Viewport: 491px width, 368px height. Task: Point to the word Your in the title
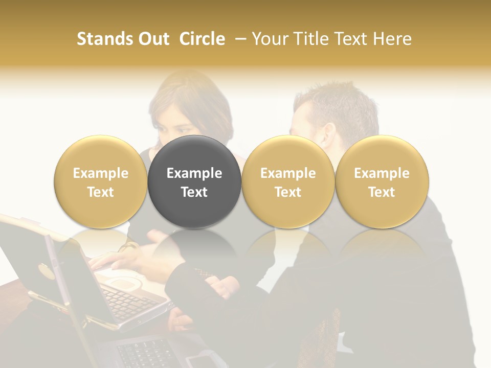click(269, 39)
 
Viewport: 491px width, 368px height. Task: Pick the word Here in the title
click(391, 39)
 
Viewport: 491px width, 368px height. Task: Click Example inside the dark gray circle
click(194, 173)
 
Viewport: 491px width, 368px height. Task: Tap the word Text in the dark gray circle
click(194, 192)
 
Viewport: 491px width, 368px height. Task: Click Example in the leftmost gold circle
click(100, 173)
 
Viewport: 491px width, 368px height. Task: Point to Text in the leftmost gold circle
click(100, 192)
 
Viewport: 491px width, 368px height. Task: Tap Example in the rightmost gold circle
click(382, 173)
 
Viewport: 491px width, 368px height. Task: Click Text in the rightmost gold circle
click(382, 192)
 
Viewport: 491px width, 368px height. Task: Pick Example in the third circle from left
click(288, 173)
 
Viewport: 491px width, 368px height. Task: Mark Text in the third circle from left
click(288, 192)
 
